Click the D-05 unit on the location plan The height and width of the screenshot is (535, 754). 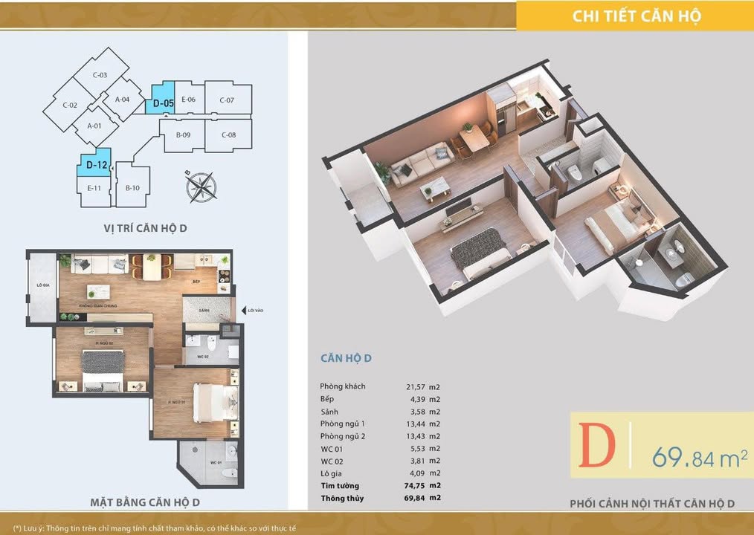[x=164, y=101]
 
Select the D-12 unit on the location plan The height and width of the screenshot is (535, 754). [x=94, y=163]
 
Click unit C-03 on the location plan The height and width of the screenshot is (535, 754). [x=100, y=75]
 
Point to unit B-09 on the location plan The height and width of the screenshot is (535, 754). [x=184, y=134]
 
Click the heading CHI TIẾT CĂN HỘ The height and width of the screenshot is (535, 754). [x=637, y=16]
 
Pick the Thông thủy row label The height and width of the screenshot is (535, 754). [x=342, y=497]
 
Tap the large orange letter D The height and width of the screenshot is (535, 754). [x=597, y=447]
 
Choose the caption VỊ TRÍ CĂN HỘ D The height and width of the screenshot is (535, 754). [x=146, y=228]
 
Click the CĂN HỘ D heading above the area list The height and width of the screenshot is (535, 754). [x=346, y=359]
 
